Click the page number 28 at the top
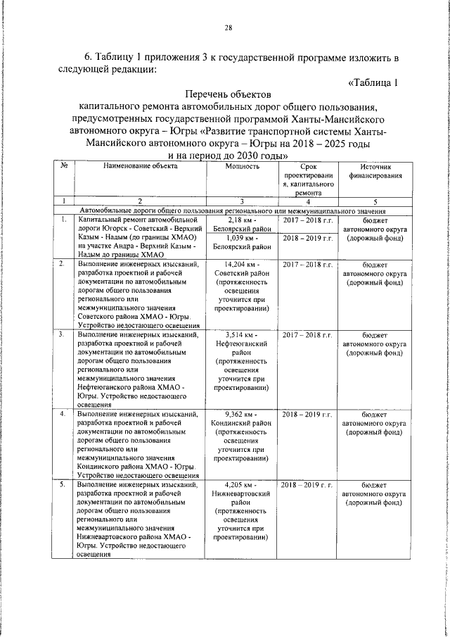tap(228, 28)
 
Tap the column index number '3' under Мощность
tap(241, 201)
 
